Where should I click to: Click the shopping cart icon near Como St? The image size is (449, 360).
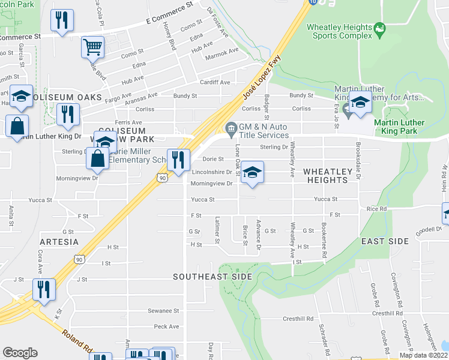coord(92,47)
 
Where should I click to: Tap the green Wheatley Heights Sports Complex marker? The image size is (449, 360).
coord(379,28)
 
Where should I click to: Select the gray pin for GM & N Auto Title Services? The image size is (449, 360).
coord(231,128)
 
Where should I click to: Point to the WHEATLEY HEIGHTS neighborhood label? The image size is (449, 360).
coord(327,176)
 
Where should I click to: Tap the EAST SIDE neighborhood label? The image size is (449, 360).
coord(385,241)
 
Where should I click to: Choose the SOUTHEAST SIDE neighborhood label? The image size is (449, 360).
coord(212,277)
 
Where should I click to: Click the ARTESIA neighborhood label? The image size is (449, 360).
coord(59,241)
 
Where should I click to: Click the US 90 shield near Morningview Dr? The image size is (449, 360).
coord(162,178)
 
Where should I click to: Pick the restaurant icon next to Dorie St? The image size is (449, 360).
coord(178,160)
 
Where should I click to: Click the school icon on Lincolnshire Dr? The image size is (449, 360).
coord(252,173)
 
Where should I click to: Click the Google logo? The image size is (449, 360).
coord(20,353)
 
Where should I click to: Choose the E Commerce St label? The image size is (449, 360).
coord(170,13)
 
